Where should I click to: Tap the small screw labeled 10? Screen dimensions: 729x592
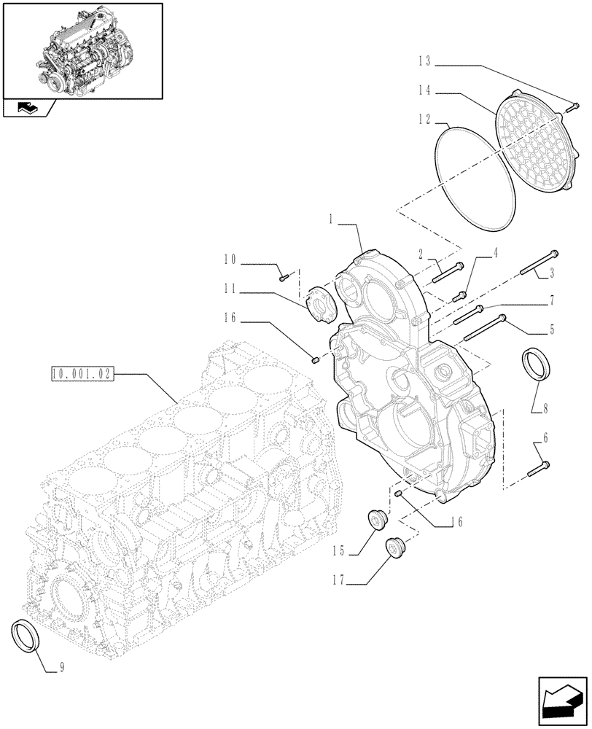pos(285,276)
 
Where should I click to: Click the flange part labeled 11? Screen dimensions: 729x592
pos(321,303)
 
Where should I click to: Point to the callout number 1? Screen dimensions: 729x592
pos(332,217)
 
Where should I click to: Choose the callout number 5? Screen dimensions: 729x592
pos(552,330)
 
